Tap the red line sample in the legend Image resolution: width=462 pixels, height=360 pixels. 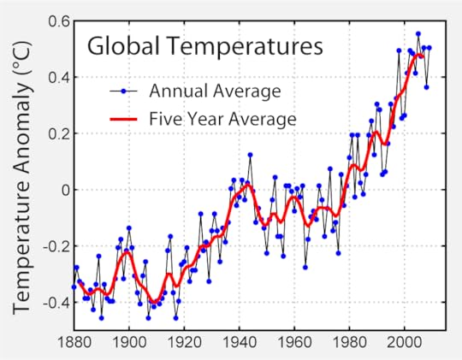125,117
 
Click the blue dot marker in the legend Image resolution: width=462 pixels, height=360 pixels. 125,90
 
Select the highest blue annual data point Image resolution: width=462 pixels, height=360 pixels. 418,34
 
